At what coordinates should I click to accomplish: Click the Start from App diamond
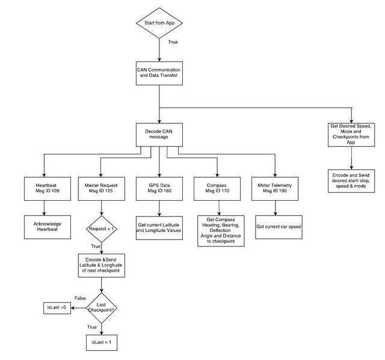(159, 23)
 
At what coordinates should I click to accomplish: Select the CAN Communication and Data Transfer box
(159, 73)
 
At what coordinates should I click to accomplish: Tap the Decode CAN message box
(159, 135)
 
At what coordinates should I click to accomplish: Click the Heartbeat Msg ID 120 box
(48, 189)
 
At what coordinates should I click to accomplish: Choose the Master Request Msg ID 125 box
(102, 189)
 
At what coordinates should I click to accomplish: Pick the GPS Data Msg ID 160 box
(159, 189)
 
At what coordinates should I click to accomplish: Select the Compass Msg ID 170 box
(217, 189)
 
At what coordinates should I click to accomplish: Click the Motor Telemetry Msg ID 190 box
(275, 189)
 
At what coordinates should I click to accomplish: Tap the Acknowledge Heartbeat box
(48, 227)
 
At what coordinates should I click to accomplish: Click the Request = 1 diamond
(102, 229)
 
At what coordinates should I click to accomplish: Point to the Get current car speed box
(279, 227)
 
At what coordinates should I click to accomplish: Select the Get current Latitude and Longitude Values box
(159, 228)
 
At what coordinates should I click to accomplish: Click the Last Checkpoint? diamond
(102, 308)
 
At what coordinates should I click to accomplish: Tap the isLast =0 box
(57, 308)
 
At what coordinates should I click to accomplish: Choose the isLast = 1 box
(102, 343)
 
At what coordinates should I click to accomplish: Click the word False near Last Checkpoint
(80, 298)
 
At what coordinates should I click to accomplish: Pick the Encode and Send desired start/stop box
(351, 181)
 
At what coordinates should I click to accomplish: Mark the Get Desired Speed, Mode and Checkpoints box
(351, 135)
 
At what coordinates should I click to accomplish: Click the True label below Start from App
(173, 42)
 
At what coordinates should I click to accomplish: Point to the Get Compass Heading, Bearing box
(221, 231)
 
